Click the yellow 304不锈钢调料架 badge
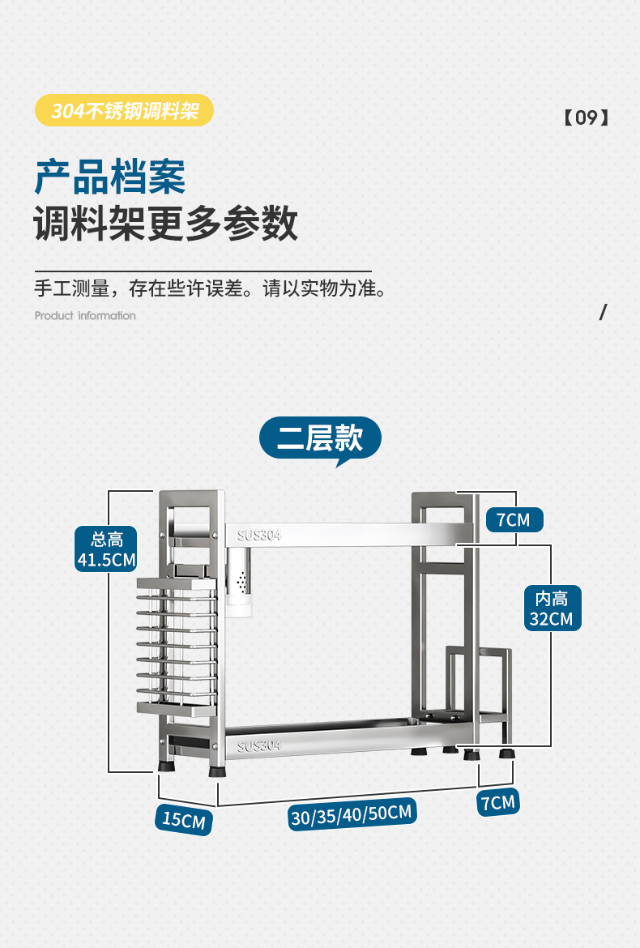(x=125, y=110)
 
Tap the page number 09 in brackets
(x=586, y=117)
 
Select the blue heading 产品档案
(x=110, y=177)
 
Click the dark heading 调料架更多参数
(x=166, y=224)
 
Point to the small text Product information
(x=85, y=316)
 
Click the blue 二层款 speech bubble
(x=320, y=438)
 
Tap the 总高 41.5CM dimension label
(x=106, y=549)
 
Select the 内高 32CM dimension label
(x=551, y=609)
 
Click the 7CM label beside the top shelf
(x=514, y=519)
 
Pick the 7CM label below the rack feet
(x=497, y=802)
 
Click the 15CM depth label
(x=184, y=819)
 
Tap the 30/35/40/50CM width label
(x=352, y=814)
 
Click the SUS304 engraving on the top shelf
(x=259, y=535)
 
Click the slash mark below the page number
(x=602, y=312)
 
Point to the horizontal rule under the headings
(x=203, y=271)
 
